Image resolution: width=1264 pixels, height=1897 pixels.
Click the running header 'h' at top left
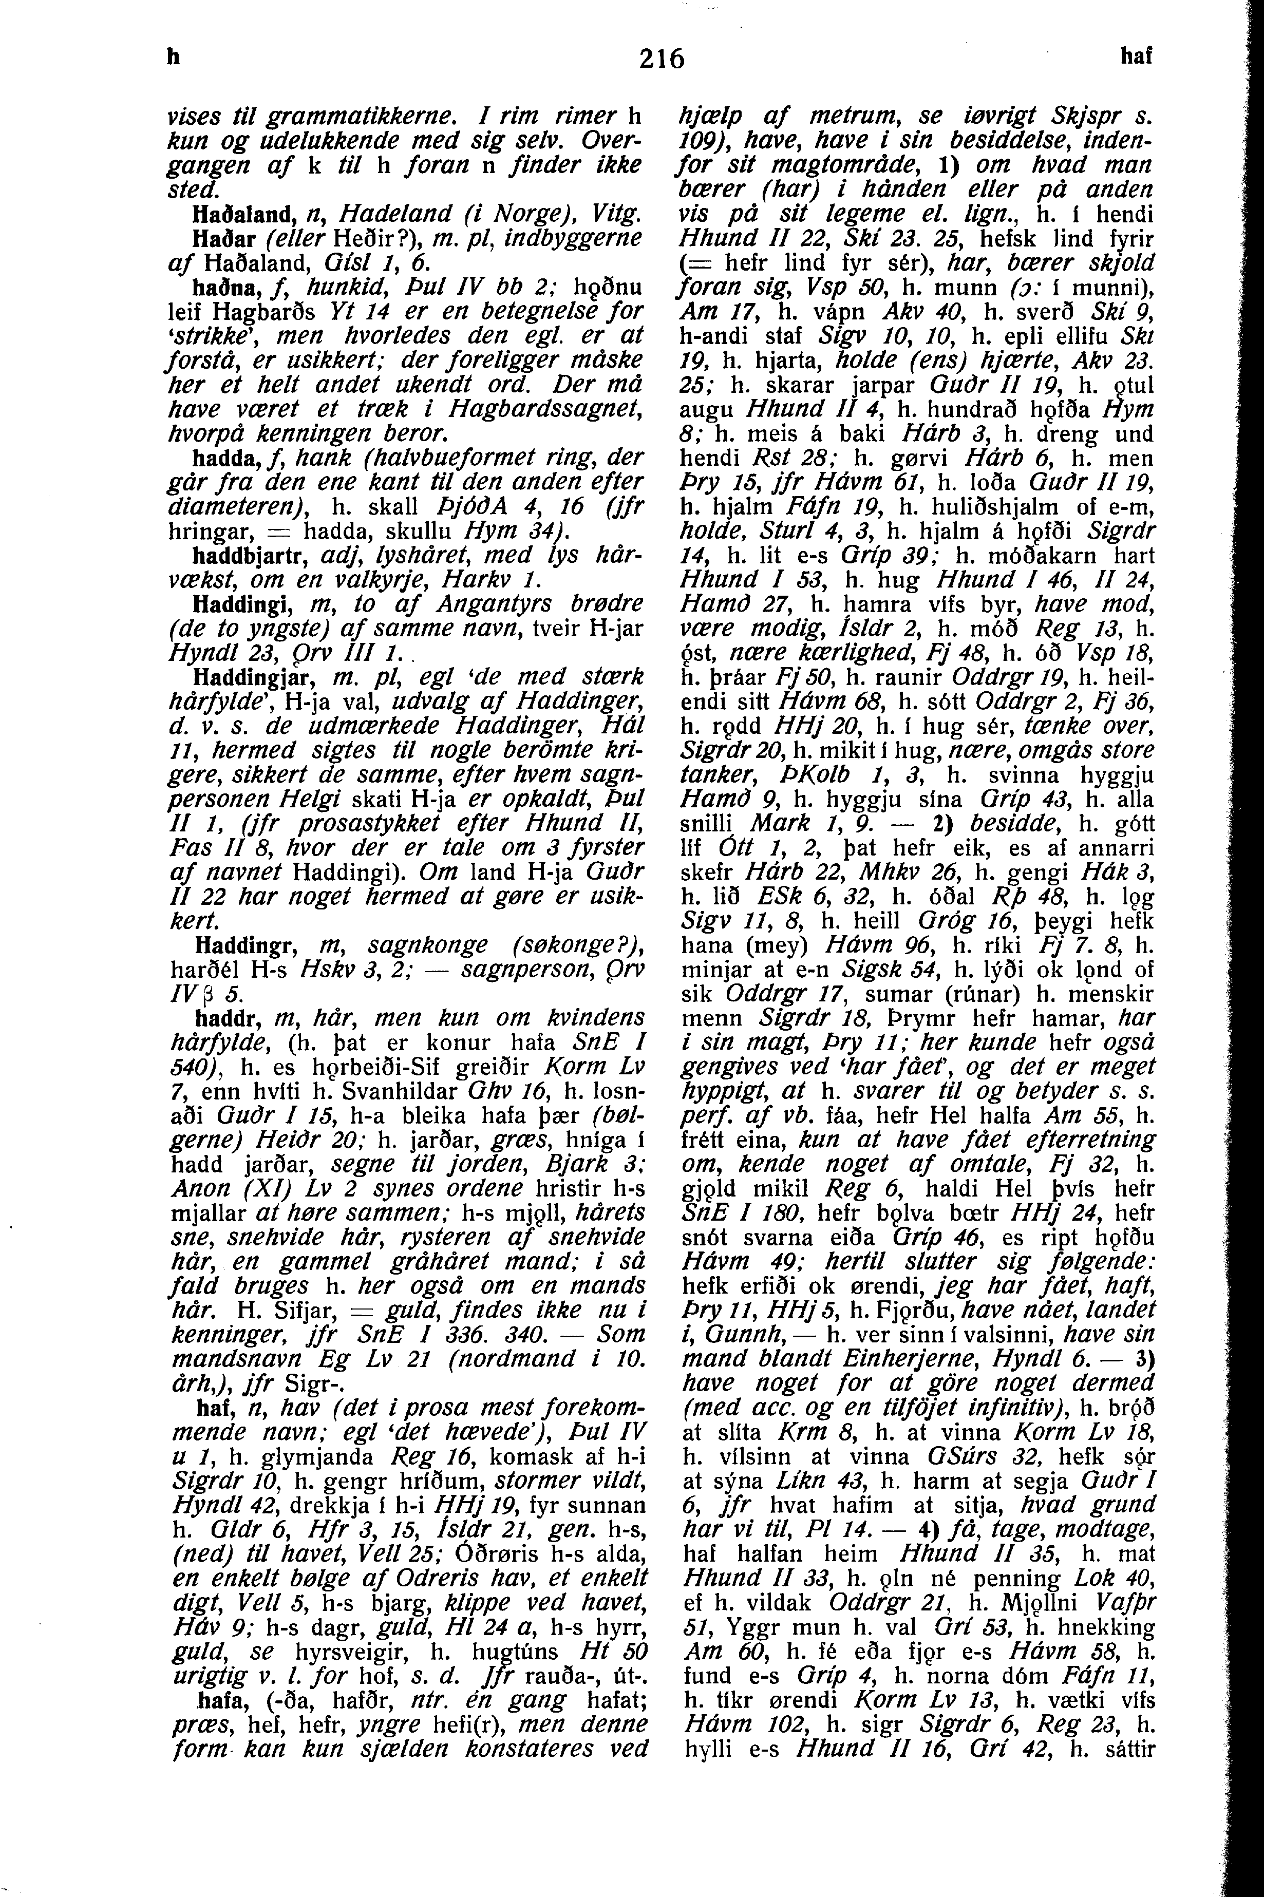tap(173, 56)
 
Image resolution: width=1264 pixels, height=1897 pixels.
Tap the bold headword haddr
tap(217, 1017)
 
